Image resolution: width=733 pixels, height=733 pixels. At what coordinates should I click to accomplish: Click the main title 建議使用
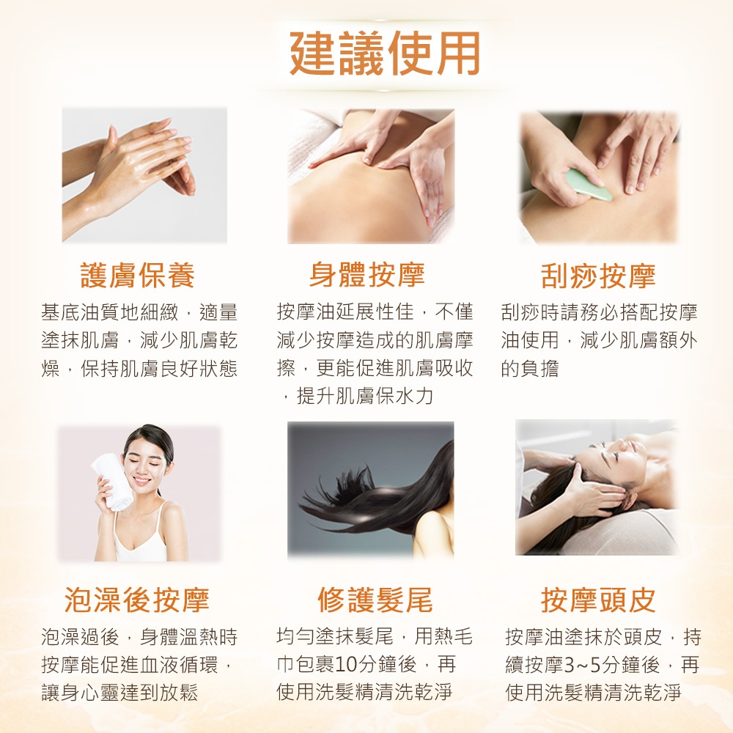point(385,54)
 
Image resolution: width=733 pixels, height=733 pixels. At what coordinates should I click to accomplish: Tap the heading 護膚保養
point(138,275)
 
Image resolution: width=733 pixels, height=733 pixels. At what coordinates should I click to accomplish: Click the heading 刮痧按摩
point(598,276)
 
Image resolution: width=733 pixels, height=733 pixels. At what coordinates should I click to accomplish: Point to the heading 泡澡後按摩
point(137,600)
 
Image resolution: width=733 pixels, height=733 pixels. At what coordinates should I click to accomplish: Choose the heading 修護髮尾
point(375,600)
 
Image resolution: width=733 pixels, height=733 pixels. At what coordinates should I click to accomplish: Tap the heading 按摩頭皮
point(598,600)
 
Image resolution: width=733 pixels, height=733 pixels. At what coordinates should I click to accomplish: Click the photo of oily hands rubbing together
point(144,175)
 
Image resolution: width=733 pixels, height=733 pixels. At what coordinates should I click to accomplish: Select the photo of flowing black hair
point(370,490)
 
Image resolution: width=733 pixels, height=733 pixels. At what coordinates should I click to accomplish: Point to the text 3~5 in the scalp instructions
point(582,665)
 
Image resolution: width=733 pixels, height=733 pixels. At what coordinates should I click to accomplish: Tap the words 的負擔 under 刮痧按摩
point(530,369)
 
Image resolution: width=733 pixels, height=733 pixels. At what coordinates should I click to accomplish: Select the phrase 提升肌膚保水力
point(365,397)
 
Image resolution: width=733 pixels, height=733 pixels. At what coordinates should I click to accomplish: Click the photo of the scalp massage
point(597,487)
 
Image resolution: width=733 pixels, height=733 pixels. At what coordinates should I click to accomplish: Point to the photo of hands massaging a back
point(371,176)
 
